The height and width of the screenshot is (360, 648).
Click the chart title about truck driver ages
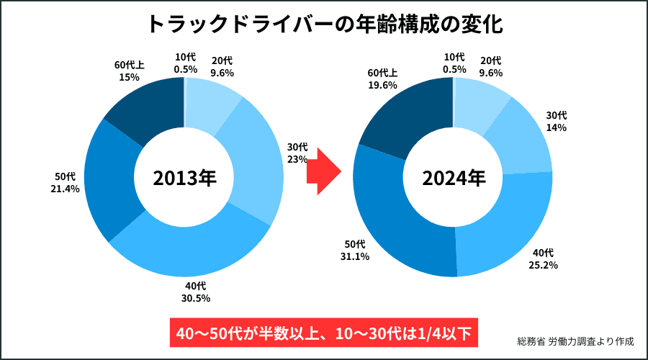pos(324,24)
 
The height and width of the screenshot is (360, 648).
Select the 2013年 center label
pos(184,178)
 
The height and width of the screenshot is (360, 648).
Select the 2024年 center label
pos(454,178)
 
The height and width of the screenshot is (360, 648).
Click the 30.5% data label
pos(197,298)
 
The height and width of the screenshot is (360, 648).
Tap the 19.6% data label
pos(382,84)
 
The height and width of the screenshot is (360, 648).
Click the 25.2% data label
pos(544,264)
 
